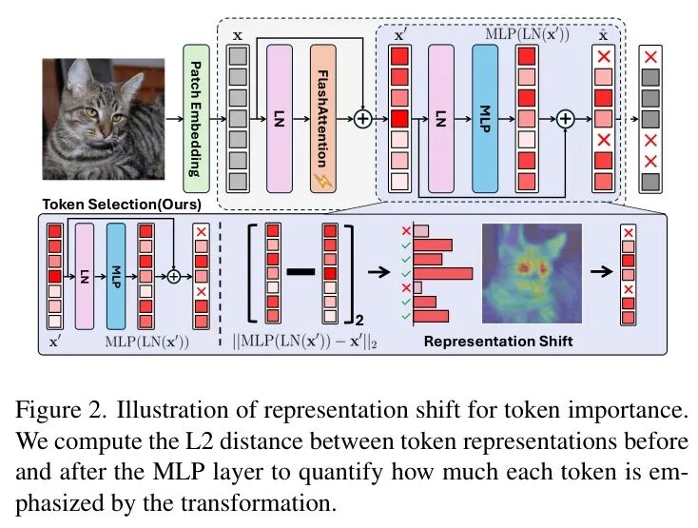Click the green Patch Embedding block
(196, 118)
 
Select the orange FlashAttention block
(323, 118)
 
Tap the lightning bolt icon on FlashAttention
(322, 181)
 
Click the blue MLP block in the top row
(485, 118)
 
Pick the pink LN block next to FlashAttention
(280, 118)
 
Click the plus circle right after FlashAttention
(363, 118)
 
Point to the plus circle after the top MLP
(566, 119)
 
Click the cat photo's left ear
(78, 73)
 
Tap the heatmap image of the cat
(532, 273)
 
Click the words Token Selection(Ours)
(122, 205)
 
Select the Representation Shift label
(498, 342)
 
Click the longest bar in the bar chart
(443, 273)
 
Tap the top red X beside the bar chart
(406, 231)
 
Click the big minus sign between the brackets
(301, 272)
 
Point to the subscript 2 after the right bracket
(359, 320)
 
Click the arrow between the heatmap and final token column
(601, 271)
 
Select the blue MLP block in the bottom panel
(116, 277)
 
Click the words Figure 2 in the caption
(61, 410)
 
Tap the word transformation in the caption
(258, 503)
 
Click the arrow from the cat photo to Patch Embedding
(174, 118)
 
